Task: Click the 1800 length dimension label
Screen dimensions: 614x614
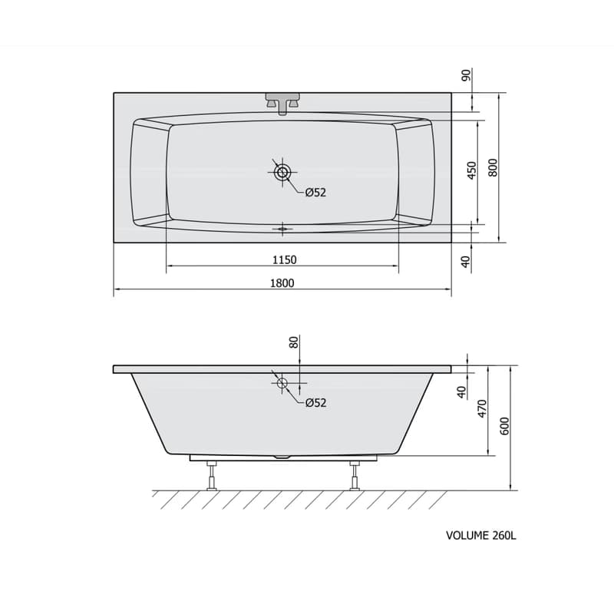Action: pos(282,283)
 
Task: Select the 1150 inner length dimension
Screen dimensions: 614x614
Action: pos(284,259)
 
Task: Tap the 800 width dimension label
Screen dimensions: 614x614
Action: pos(493,167)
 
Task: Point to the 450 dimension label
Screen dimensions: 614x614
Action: pos(472,170)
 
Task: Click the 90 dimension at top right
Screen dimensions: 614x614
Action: pos(467,75)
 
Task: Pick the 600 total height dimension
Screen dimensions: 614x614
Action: pos(505,426)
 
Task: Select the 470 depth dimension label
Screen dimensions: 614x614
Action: pos(483,408)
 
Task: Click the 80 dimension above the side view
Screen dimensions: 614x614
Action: pos(294,342)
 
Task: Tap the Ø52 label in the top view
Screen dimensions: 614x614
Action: pos(315,193)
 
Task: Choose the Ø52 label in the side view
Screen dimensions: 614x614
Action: pos(315,402)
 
